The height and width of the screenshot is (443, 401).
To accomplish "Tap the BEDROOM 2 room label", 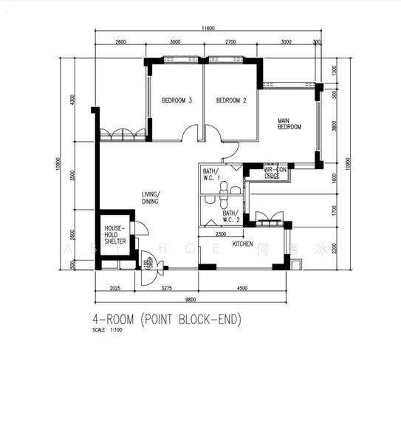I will pos(230,100).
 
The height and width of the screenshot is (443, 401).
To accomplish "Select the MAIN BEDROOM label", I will pos(289,123).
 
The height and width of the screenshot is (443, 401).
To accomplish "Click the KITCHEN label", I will pos(243,244).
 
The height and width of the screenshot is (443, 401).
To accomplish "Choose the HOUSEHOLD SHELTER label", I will pos(114,235).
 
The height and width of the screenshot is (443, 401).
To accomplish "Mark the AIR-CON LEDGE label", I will pos(276,174).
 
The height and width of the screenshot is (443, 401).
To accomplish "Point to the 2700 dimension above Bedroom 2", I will pos(230,42).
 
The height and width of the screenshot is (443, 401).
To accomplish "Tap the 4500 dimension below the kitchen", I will pos(241,288).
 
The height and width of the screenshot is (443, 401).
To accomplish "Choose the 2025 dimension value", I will pos(115,288).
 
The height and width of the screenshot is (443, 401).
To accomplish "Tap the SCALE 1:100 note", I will pos(106,330).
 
